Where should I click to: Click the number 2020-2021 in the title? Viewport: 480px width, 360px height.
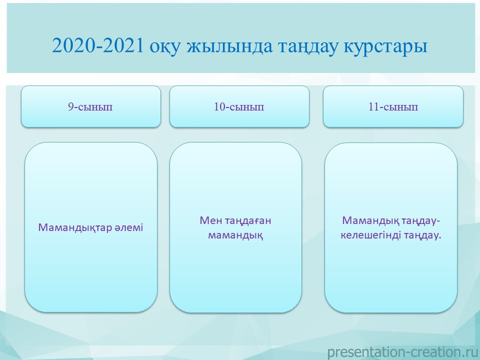[97, 46]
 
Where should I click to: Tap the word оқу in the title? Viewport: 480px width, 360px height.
[164, 48]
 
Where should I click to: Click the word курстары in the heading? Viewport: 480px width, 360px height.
[385, 48]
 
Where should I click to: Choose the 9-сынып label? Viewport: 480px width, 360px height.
[90, 107]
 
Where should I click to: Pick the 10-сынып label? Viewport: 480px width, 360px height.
[239, 107]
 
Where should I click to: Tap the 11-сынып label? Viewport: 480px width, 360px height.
[393, 107]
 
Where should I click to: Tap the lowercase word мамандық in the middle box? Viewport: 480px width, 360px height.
[235, 235]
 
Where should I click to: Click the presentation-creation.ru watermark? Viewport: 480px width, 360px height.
[403, 352]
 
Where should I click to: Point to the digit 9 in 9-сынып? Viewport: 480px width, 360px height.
[70, 106]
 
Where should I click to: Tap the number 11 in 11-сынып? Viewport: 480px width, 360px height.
[374, 106]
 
